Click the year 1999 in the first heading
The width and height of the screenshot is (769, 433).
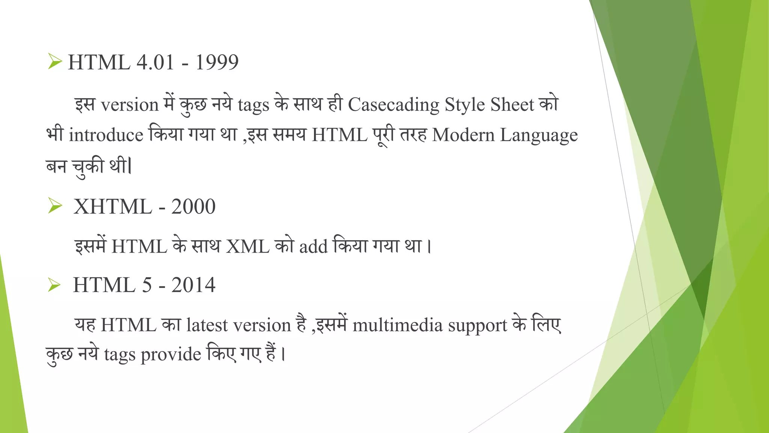click(217, 62)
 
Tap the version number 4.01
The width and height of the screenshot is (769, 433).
click(155, 62)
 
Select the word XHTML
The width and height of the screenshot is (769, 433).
click(113, 207)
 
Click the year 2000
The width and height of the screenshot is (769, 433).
click(193, 207)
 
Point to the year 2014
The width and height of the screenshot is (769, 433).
click(193, 285)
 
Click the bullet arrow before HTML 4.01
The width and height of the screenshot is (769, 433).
click(55, 61)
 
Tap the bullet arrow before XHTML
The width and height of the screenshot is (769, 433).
click(55, 206)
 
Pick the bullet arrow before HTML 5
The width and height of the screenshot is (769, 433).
click(54, 285)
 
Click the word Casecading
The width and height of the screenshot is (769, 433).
click(394, 105)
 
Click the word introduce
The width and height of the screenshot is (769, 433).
click(106, 135)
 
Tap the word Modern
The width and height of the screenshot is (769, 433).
click(463, 135)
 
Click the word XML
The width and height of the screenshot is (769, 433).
click(247, 247)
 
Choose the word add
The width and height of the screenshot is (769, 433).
click(314, 247)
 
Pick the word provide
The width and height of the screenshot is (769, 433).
click(171, 355)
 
